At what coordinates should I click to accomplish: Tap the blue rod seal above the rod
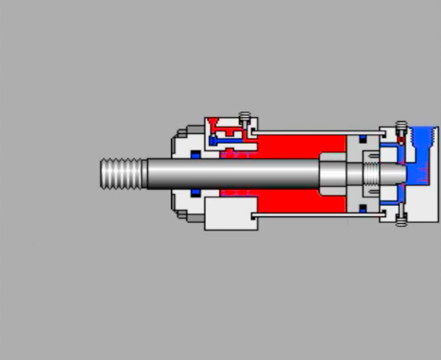point(195,155)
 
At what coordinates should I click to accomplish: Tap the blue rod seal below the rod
point(195,191)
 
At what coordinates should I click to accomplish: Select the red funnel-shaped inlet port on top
point(213,125)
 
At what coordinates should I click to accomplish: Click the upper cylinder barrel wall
point(318,132)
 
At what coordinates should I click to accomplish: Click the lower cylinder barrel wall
point(318,215)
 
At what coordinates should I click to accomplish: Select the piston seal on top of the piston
point(363,139)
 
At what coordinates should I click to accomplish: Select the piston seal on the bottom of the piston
point(363,208)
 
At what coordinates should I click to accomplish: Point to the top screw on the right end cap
point(401,127)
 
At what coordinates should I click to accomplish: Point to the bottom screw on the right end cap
point(401,219)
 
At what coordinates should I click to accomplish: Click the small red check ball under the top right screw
point(401,140)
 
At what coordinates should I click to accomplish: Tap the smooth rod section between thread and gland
point(159,173)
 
